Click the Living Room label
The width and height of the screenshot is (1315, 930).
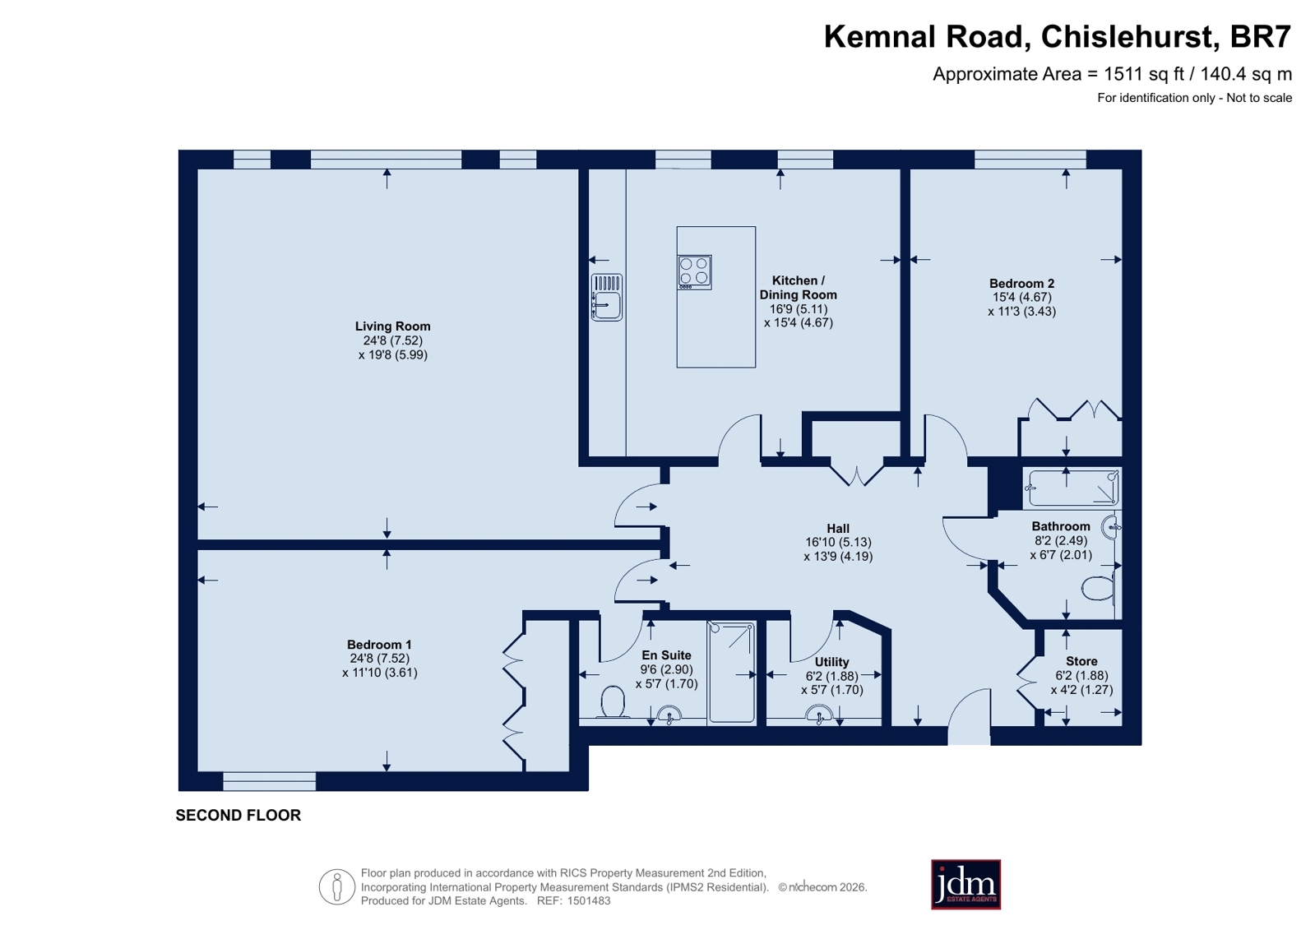tap(392, 326)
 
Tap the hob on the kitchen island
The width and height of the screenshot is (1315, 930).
tap(694, 272)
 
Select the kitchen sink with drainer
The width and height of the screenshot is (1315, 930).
tap(606, 297)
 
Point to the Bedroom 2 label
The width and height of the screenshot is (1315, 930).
tap(1021, 284)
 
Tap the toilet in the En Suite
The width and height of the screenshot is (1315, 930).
tap(613, 702)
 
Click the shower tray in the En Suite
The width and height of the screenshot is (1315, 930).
tap(731, 673)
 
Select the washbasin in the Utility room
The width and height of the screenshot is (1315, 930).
tap(819, 714)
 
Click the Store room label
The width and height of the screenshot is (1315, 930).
tap(1081, 662)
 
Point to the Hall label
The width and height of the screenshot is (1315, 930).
tap(838, 529)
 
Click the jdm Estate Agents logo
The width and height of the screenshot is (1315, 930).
tap(965, 885)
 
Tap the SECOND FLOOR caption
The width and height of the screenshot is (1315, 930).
tap(238, 816)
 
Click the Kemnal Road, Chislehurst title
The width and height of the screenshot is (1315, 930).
tap(1058, 37)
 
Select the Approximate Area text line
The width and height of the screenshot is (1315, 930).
tap(1112, 75)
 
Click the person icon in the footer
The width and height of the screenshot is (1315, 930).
tap(337, 886)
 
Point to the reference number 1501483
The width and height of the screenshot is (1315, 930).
tap(589, 901)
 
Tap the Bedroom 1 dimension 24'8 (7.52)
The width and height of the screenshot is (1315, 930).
tap(378, 659)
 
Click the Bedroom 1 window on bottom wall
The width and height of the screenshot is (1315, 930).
tap(270, 781)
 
